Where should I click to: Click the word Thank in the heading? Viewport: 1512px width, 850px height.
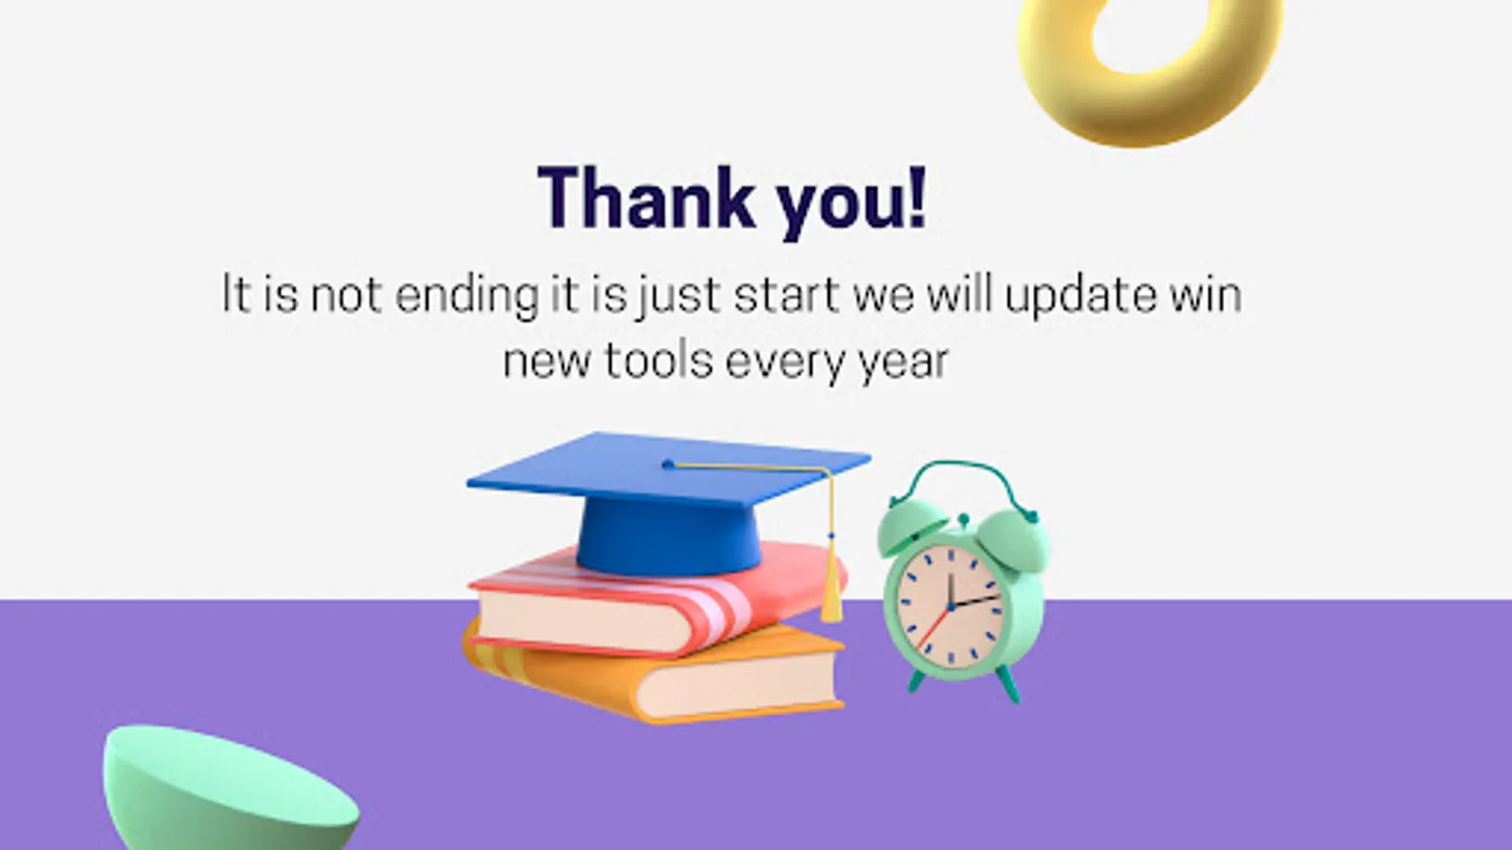point(646,198)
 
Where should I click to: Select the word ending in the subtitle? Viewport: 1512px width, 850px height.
point(467,296)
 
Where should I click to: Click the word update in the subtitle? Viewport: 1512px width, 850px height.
point(1081,296)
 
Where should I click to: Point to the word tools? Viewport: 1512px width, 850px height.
point(659,360)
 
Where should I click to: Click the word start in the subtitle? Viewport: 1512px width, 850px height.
point(786,296)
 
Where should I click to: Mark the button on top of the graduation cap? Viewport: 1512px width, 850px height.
point(668,464)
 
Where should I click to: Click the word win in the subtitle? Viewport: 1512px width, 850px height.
point(1206,296)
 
